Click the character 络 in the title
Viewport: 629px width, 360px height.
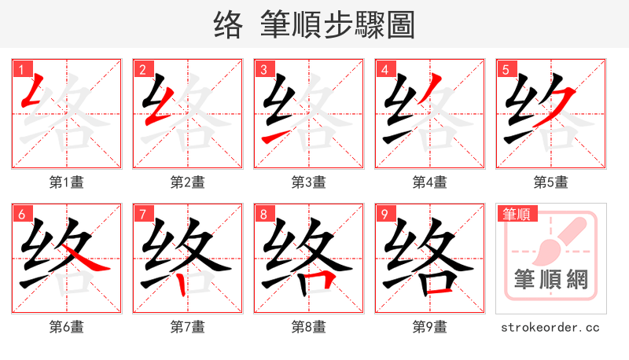[x=230, y=25]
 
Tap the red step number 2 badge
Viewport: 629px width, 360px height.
[x=142, y=69]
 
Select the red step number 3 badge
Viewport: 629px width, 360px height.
[x=263, y=69]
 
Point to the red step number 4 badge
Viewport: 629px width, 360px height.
[x=384, y=69]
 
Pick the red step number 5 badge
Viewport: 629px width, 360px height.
[x=506, y=69]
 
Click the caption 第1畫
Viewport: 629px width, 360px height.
[x=67, y=182]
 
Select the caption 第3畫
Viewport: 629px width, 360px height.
[x=309, y=182]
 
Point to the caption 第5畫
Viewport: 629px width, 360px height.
[x=551, y=182]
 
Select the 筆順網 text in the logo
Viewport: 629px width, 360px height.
[x=551, y=280]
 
